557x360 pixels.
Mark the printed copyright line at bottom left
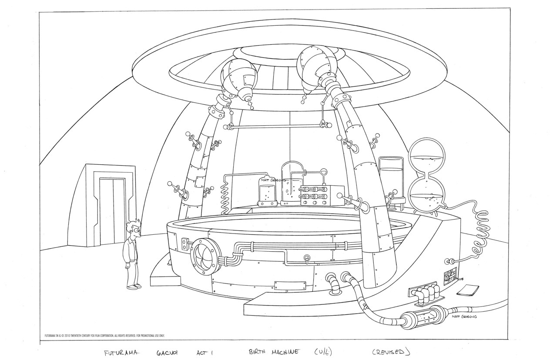coord(104,335)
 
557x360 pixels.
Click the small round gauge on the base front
coord(307,257)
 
